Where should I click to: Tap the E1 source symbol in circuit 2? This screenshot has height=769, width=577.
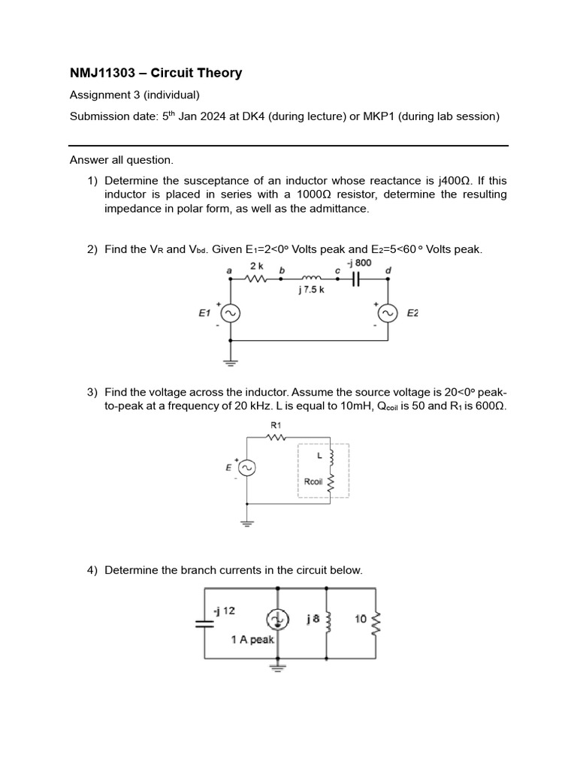click(229, 314)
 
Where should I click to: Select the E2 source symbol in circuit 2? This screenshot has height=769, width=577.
click(388, 314)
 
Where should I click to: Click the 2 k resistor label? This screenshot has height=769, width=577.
click(256, 266)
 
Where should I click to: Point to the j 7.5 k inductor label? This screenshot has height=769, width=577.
click(311, 290)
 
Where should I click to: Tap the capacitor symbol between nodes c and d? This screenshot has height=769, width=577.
click(357, 278)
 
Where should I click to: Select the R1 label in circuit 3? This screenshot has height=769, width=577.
click(275, 425)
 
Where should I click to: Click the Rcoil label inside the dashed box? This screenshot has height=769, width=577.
click(313, 481)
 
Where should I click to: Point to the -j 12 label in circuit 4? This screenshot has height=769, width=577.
click(224, 611)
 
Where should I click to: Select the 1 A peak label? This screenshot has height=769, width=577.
click(252, 640)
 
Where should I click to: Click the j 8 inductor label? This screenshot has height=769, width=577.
click(313, 620)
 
